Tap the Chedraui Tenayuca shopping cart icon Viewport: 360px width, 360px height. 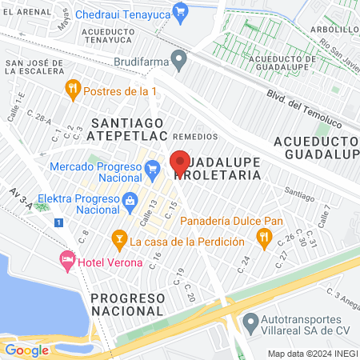click(x=182, y=11)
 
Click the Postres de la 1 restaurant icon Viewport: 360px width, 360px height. click(x=73, y=86)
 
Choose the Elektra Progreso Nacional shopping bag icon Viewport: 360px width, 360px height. click(x=130, y=200)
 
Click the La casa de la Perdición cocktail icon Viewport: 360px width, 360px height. click(x=119, y=238)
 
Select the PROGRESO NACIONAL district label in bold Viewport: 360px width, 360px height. click(x=128, y=305)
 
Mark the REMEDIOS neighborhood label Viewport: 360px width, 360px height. click(x=194, y=137)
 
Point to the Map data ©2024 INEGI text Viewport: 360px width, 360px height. click(x=312, y=354)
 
